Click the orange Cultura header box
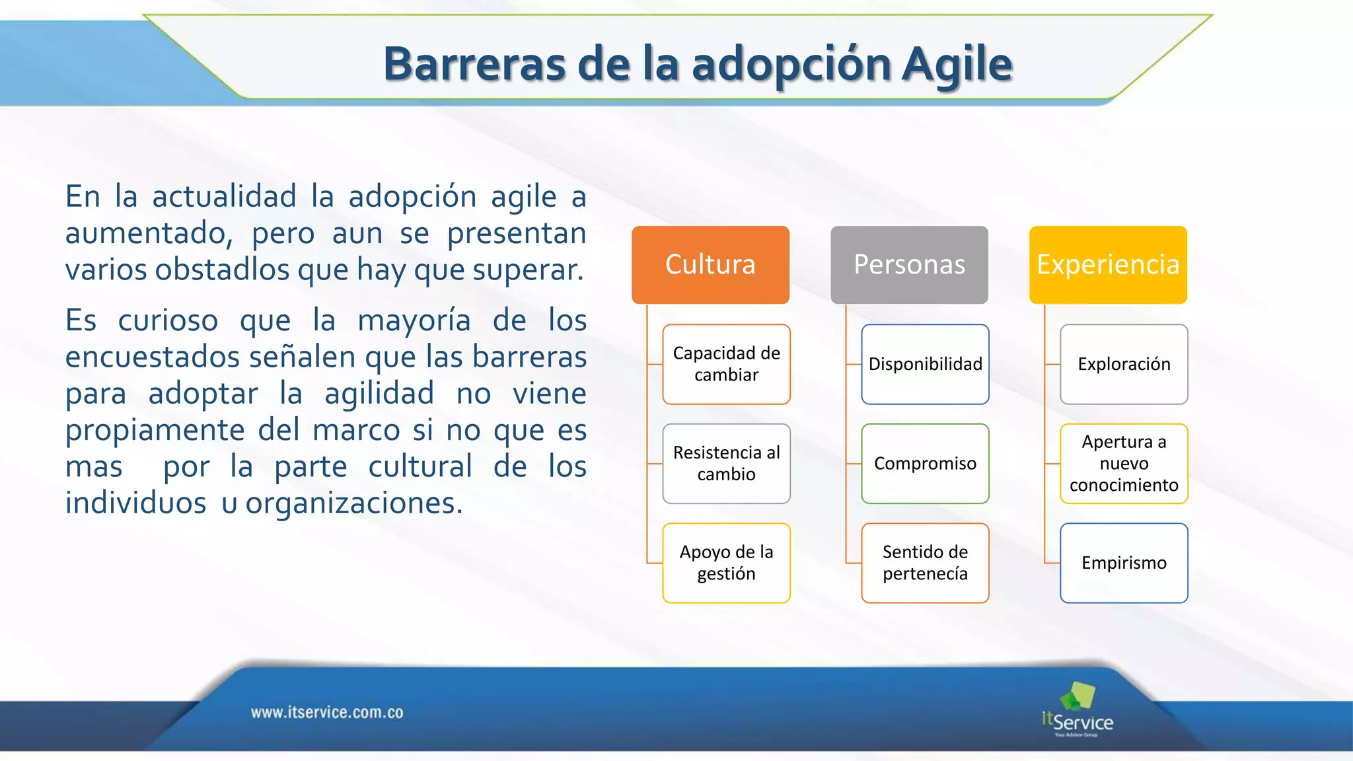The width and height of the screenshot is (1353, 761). [710, 264]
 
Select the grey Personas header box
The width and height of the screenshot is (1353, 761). [909, 264]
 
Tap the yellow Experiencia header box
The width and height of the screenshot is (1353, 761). [1108, 264]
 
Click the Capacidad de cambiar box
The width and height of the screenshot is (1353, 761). [726, 364]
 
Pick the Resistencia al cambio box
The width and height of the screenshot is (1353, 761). [726, 463]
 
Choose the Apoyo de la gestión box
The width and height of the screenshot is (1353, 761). [726, 563]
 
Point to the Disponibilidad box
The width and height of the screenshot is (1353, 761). [925, 364]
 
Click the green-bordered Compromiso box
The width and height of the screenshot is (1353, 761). [925, 463]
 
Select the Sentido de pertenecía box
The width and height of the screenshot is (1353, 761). [925, 563]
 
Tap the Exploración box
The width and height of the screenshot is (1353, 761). [1124, 364]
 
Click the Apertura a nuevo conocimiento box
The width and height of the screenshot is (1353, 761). [1124, 463]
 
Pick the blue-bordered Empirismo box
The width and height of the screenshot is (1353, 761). [1124, 563]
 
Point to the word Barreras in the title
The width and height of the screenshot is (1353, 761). [474, 65]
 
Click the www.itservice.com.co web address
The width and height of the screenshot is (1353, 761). [327, 713]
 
